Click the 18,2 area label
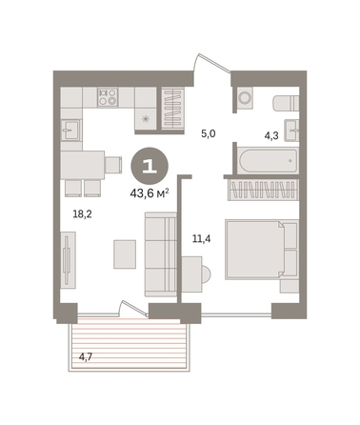[82, 214]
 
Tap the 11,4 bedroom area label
[202, 238]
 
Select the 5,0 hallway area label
[209, 133]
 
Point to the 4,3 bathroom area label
[271, 136]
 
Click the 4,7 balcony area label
[86, 357]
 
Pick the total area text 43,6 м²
[150, 192]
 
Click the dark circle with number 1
[150, 166]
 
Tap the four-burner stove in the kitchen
[108, 97]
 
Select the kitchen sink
[71, 130]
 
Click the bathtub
[269, 160]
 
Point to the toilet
[286, 103]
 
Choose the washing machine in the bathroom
[245, 97]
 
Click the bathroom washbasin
[291, 130]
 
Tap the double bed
[262, 250]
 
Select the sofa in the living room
[161, 254]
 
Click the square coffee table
[125, 254]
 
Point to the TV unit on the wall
[68, 260]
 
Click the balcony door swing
[132, 308]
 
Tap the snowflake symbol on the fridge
[146, 119]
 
